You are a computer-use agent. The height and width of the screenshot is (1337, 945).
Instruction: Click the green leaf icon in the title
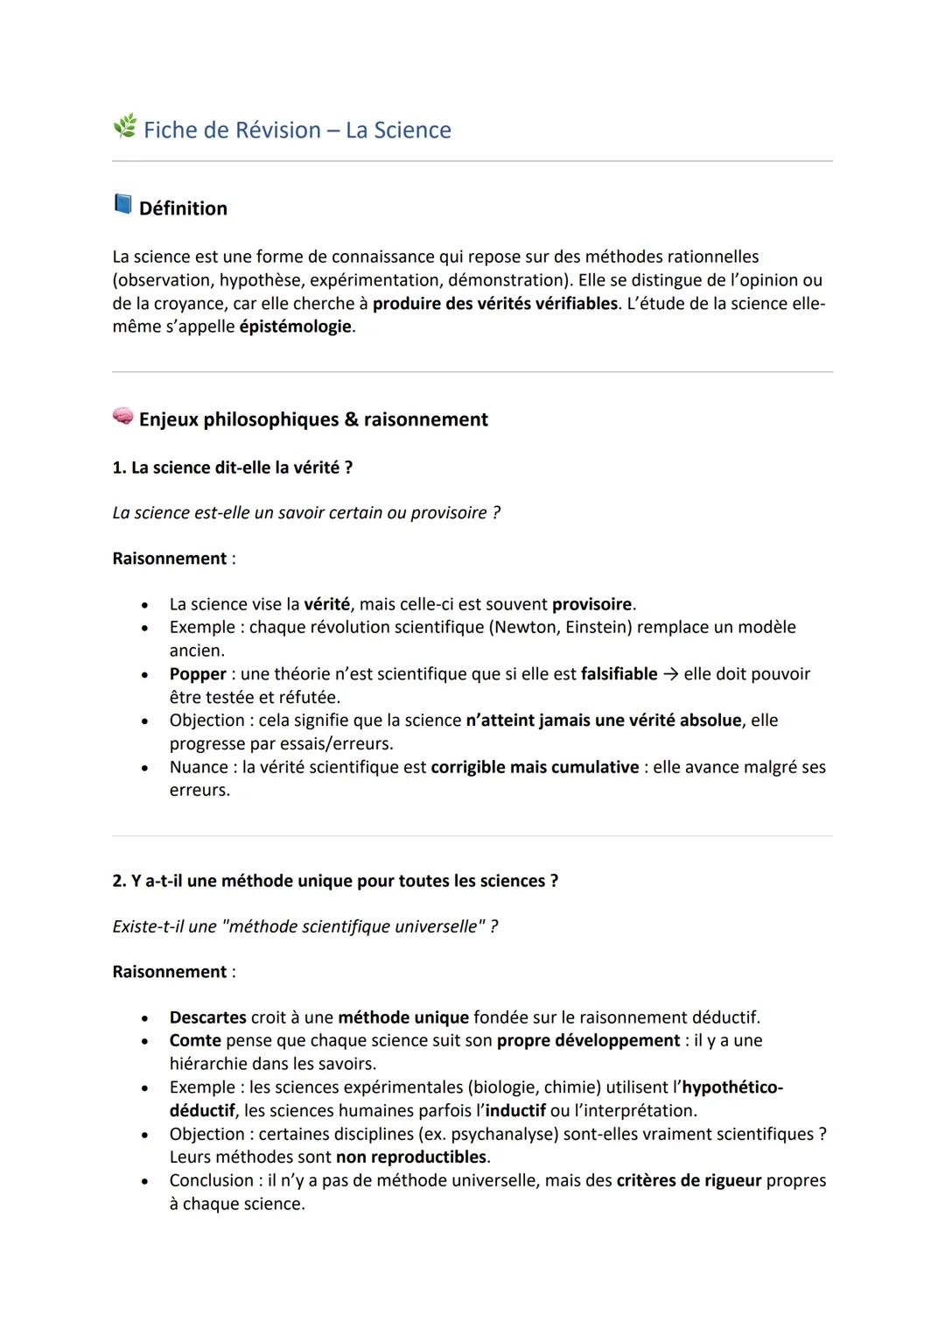[x=124, y=127]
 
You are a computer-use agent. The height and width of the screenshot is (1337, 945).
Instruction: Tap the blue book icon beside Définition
[x=122, y=205]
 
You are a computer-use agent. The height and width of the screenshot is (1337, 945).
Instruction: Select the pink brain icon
[x=122, y=417]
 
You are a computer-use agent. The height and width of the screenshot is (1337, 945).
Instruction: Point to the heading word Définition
[x=183, y=208]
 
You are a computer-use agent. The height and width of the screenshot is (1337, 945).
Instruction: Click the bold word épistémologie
[x=295, y=327]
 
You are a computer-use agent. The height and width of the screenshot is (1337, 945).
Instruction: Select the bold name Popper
[x=198, y=674]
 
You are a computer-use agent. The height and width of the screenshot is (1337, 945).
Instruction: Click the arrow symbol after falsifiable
[x=670, y=674]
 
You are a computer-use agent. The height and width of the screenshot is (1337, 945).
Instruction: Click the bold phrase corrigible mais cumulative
[x=535, y=767]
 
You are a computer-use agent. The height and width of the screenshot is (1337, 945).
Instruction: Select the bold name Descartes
[x=207, y=1017]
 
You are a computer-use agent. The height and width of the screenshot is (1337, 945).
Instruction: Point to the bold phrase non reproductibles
[x=410, y=1158]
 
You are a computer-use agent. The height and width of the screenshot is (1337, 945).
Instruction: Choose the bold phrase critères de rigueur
[x=688, y=1180]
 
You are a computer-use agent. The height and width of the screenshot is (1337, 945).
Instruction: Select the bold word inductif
[x=514, y=1111]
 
